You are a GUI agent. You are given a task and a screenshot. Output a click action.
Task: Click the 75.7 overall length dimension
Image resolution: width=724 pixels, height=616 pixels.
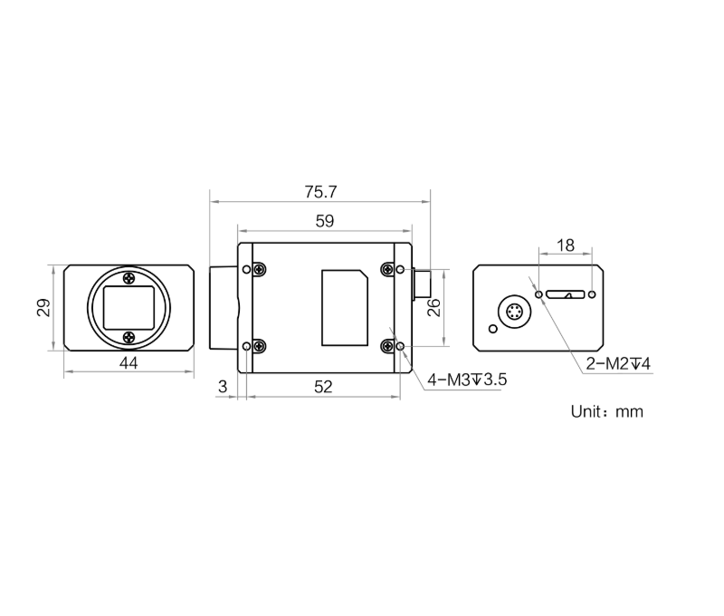(320, 192)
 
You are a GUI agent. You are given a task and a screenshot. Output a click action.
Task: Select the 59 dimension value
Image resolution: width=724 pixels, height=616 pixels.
(325, 221)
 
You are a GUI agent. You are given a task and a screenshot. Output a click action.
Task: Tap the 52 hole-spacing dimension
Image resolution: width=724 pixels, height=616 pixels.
(323, 387)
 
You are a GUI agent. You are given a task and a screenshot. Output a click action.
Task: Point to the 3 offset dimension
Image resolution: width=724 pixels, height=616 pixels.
(223, 386)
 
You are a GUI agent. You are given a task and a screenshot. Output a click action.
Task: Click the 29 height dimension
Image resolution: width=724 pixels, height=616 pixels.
(43, 308)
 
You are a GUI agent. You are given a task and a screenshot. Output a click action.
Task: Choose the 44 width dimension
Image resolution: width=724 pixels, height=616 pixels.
(129, 363)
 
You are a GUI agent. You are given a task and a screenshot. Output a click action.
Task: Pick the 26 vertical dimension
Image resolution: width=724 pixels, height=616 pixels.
(433, 308)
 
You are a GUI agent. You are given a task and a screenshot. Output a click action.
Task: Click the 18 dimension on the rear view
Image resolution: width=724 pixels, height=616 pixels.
(566, 245)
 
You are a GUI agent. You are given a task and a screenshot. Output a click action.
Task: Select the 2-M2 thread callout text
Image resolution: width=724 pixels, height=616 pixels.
(618, 364)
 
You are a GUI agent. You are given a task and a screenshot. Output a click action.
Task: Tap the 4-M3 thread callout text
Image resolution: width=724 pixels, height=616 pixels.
(467, 380)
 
